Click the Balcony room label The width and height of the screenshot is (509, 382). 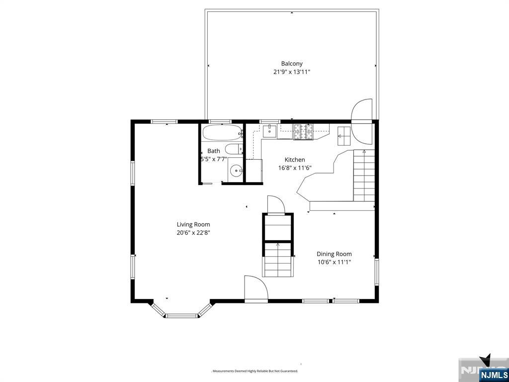pos(292,64)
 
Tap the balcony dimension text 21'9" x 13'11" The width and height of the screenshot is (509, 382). pos(292,72)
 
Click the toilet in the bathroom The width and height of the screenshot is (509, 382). pos(233,149)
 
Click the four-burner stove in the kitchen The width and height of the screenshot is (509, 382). pos(303,131)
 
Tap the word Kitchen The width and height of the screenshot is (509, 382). pos(295,160)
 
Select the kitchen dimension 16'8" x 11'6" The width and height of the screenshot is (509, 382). pos(295,168)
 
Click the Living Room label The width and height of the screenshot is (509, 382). pos(193,224)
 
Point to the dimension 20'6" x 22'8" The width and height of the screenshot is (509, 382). pos(193,233)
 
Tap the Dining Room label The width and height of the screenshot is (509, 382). pos(334,254)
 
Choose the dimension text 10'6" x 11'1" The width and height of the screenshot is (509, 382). pos(334,262)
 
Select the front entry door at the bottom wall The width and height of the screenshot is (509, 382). pos(255,289)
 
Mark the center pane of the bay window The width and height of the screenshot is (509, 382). pos(181,315)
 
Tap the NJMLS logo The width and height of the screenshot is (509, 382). pos(494,374)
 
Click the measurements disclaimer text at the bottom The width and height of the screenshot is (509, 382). pos(255,371)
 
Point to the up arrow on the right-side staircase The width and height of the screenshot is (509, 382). pos(364,151)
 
